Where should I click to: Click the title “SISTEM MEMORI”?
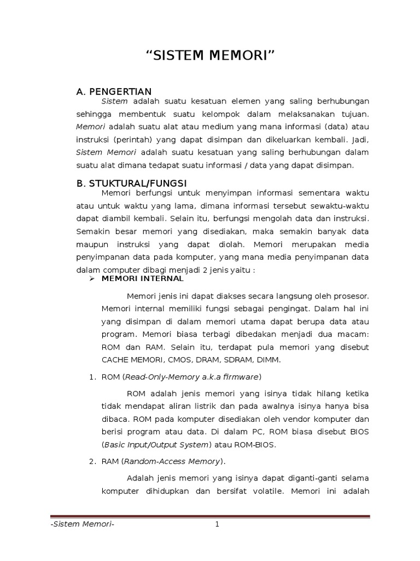coord(210,56)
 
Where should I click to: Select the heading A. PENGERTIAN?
coord(114,91)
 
